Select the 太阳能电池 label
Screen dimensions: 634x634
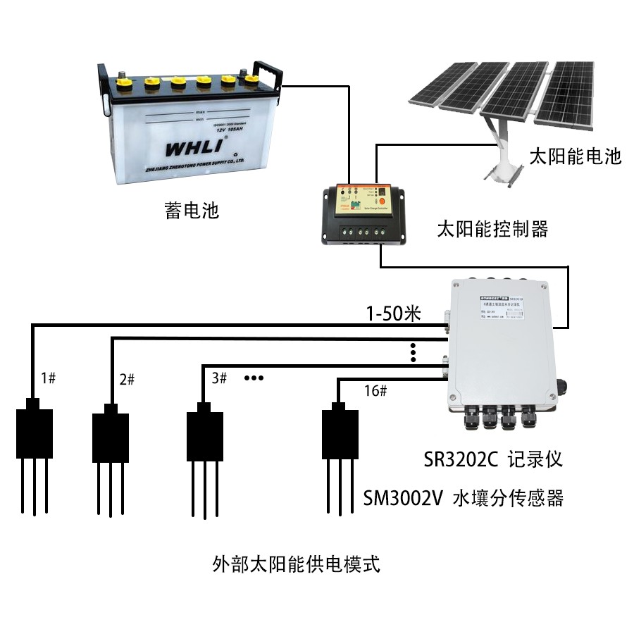pyautogui.click(x=576, y=156)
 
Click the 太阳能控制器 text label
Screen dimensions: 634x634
pyautogui.click(x=492, y=229)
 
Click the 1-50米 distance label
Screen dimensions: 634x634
pyautogui.click(x=392, y=313)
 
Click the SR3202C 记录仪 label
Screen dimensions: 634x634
pyautogui.click(x=493, y=460)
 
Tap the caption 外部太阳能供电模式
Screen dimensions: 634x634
pyautogui.click(x=296, y=564)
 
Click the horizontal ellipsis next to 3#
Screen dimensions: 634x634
pyautogui.click(x=253, y=378)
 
